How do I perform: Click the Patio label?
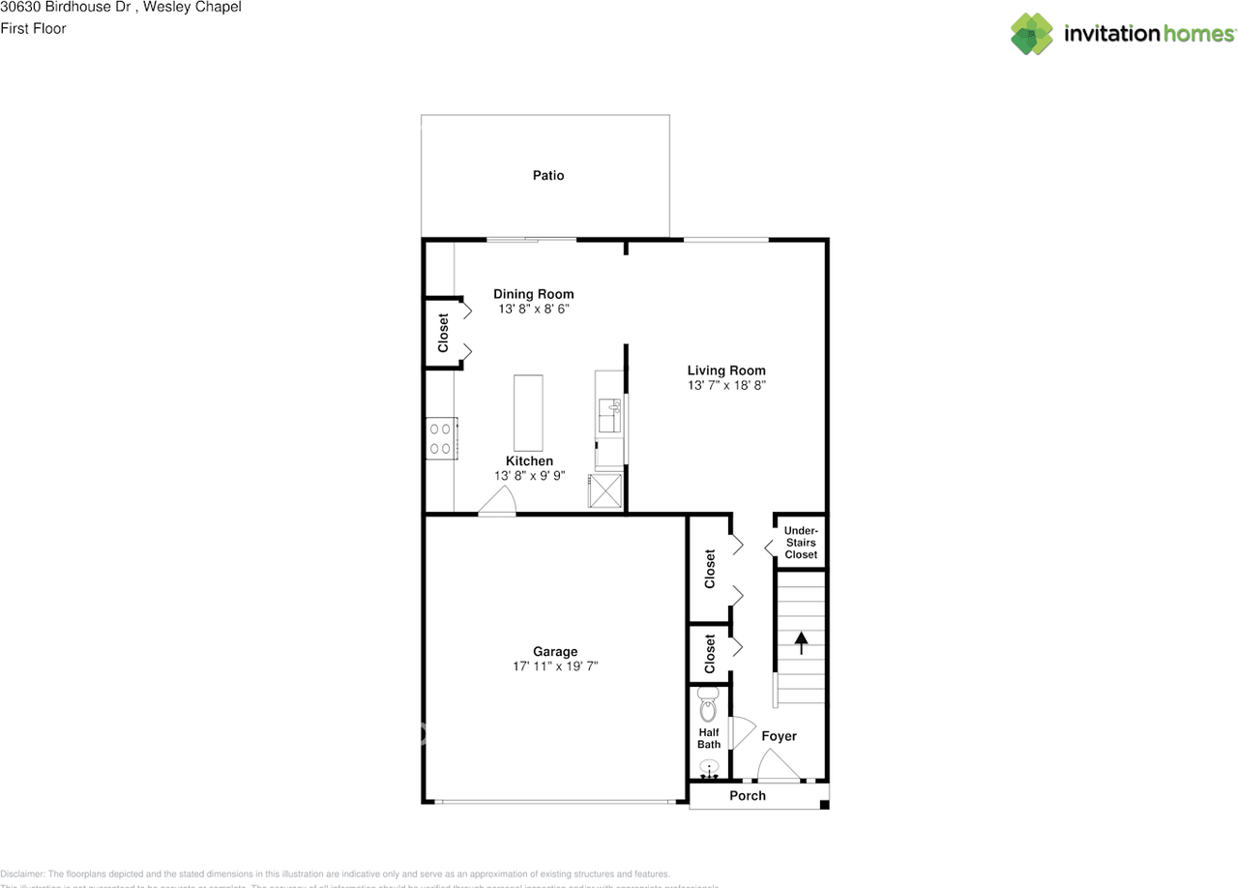pyautogui.click(x=547, y=176)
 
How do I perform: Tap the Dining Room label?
pyautogui.click(x=533, y=294)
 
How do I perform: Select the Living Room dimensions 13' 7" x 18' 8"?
pyautogui.click(x=726, y=386)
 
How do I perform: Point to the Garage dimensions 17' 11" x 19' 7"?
pyautogui.click(x=555, y=666)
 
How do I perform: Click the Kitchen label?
pyautogui.click(x=529, y=461)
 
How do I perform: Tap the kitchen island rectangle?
pyautogui.click(x=528, y=412)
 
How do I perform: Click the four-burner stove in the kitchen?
pyautogui.click(x=440, y=436)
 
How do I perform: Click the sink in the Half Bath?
pyautogui.click(x=709, y=769)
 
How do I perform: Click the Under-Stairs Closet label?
pyautogui.click(x=801, y=543)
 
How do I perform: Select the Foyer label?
pyautogui.click(x=779, y=736)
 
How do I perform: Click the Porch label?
pyautogui.click(x=747, y=796)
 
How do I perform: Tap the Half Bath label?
pyautogui.click(x=709, y=738)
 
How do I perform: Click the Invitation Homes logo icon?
pyautogui.click(x=1032, y=34)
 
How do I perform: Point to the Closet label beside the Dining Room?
pyautogui.click(x=444, y=333)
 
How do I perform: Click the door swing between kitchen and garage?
pyautogui.click(x=498, y=501)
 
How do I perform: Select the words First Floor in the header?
pyautogui.click(x=33, y=28)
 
